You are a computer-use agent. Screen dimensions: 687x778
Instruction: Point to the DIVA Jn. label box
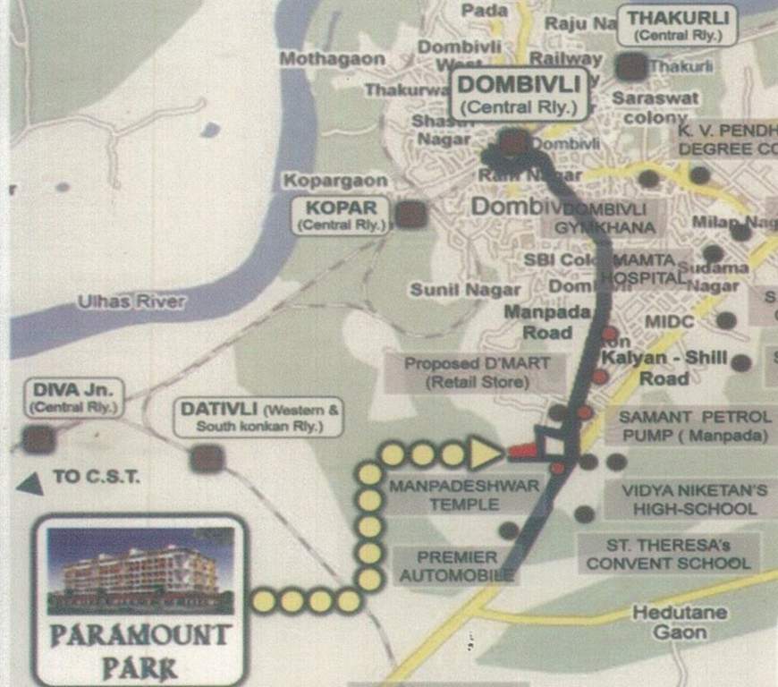coord(74,397)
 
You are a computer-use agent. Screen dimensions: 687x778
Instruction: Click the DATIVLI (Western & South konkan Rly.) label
coord(260,417)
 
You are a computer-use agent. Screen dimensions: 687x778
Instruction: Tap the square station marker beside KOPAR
coord(410,214)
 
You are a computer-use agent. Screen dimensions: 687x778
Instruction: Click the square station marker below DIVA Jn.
coord(38,438)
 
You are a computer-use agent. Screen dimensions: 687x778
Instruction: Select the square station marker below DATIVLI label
coord(207,458)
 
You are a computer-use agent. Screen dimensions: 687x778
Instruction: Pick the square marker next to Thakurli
coord(631,66)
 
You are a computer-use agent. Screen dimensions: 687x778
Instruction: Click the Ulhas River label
coord(131,301)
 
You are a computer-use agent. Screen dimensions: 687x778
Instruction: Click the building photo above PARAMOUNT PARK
coord(140,571)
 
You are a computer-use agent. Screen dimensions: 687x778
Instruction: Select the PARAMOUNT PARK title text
coord(140,651)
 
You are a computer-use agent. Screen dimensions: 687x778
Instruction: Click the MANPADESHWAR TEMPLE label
coord(464,495)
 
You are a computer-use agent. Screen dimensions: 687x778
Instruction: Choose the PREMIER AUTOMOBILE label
coord(457,566)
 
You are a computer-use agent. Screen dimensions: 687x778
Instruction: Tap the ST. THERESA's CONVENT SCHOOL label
coord(668,553)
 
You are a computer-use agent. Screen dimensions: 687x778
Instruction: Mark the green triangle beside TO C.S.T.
coord(32,484)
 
